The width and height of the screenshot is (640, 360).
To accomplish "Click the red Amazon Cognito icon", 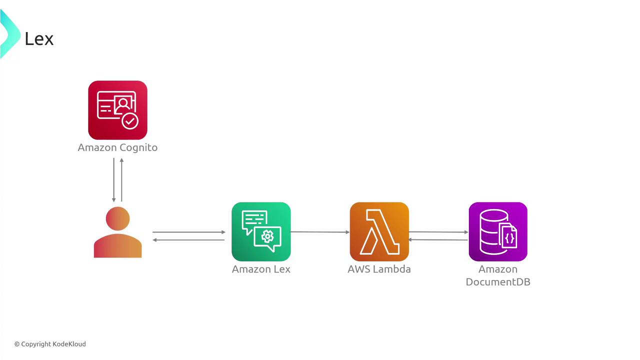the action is coord(117,110).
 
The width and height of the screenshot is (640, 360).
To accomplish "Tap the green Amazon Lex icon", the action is coord(261,231).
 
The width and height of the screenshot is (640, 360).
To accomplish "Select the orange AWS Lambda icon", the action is coord(379,231).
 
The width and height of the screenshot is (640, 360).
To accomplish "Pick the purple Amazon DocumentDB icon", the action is coord(498,231).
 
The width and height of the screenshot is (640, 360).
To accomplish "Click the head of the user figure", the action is coord(117,218).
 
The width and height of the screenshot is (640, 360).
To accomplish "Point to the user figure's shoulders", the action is coord(117,245).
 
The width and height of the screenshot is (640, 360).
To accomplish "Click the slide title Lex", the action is coord(39,39).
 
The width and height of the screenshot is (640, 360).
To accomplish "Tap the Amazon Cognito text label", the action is coord(117,147).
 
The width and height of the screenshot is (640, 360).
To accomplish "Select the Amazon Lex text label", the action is coord(261,269).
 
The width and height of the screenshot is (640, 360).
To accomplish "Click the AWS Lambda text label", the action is coord(379,269).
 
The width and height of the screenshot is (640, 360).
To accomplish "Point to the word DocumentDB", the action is coord(498,282).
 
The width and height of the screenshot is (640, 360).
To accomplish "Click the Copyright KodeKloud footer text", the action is coord(50,344).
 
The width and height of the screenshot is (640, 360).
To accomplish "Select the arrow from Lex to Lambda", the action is coord(320,232).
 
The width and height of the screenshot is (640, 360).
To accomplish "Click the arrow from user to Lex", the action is coord(189,232).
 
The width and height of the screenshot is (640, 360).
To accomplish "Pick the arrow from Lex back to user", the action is coord(189,240).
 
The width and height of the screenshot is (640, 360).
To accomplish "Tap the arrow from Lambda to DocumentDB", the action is coord(438,232).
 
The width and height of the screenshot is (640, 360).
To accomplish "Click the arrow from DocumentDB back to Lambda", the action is coord(438,239).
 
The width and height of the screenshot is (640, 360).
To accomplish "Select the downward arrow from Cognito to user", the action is coord(113,180).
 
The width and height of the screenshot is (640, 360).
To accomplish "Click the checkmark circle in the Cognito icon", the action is coord(130,121).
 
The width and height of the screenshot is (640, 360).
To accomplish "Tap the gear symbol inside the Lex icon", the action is coord(267,236).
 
